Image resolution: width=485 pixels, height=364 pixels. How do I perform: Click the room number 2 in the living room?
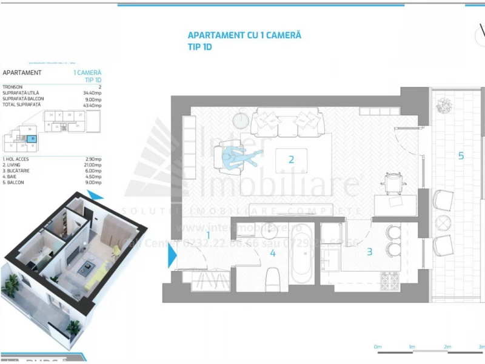coord(292,160)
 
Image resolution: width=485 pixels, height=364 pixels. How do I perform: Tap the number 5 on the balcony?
coord(461,156)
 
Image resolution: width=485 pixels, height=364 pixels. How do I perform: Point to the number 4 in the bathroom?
coord(273,254)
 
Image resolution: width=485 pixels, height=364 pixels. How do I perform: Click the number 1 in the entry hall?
coord(208,235)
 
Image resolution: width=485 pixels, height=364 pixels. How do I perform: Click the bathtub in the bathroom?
coord(301,254)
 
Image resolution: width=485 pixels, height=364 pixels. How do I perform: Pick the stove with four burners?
coord(390,278)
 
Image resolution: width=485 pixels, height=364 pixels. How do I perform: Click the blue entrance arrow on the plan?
coord(172,261)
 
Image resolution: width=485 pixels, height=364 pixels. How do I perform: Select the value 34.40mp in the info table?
coord(92,93)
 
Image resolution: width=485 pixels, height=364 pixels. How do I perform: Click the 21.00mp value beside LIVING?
coord(92,164)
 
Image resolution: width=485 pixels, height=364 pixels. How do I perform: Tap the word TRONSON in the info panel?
coord(13,87)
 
